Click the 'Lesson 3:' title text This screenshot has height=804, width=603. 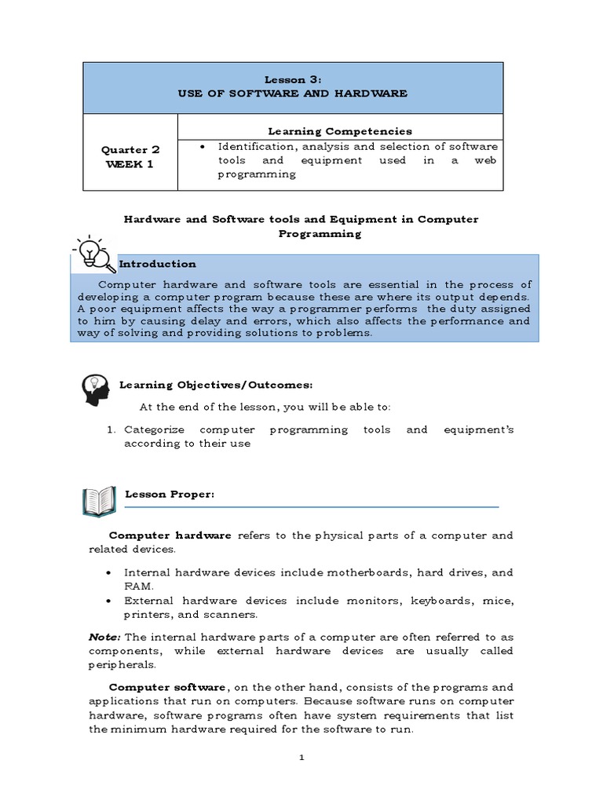tap(292, 80)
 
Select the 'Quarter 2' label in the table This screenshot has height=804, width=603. tap(130, 149)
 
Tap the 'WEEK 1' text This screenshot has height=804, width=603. tap(130, 163)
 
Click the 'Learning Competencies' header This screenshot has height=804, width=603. tap(340, 131)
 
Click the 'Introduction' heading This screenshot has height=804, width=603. tap(157, 264)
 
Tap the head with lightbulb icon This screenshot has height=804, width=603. tap(95, 389)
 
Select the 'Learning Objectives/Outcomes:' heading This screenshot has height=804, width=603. tap(215, 385)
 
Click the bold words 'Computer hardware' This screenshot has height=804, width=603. tap(170, 535)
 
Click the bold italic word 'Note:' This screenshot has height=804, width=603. tap(104, 637)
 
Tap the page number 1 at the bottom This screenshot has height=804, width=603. tap(301, 758)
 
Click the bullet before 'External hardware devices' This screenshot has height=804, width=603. tap(108, 601)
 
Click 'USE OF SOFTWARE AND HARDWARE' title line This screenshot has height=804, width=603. tap(292, 93)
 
